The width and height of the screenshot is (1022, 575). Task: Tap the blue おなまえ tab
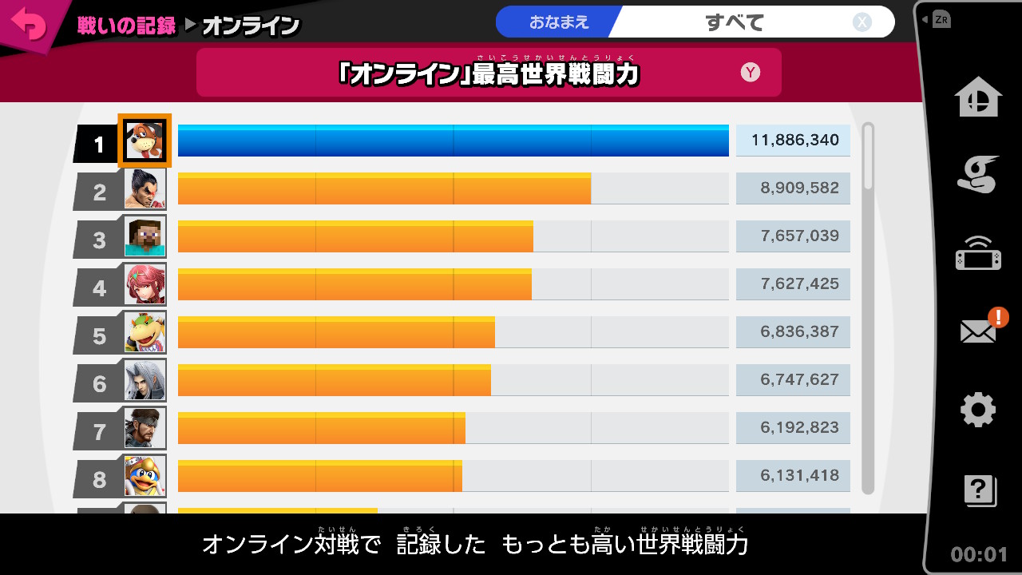click(558, 22)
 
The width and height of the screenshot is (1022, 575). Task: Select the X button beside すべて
click(862, 22)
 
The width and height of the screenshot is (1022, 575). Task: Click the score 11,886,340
click(794, 141)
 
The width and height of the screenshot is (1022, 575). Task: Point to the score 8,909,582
click(794, 188)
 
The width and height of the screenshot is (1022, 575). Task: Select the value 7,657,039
click(794, 236)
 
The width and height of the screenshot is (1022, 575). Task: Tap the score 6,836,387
click(794, 332)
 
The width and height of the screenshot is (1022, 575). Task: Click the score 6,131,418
click(794, 476)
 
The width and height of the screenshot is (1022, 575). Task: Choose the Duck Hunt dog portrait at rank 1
click(145, 141)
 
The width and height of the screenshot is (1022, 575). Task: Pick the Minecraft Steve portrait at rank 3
click(145, 236)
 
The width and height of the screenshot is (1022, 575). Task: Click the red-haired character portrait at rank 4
click(145, 284)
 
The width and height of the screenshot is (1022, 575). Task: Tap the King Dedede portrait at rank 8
click(145, 476)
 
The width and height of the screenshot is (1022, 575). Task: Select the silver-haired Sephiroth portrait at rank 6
click(145, 380)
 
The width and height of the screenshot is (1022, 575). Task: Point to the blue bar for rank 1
click(453, 141)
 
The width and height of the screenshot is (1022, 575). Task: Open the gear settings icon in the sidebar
click(977, 410)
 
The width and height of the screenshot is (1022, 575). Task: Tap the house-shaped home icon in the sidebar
click(978, 97)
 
